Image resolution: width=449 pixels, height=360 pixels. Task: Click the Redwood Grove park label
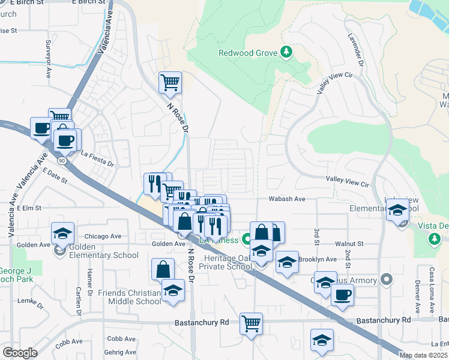[247, 53]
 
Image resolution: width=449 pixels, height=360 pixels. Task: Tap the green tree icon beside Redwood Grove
[287, 52]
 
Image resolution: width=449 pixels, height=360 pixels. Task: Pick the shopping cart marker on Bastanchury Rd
[251, 323]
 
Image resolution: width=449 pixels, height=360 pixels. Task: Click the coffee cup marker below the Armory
[342, 295]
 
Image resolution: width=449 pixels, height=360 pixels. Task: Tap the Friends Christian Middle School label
[130, 297]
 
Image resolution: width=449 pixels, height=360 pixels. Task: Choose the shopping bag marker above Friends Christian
[163, 269]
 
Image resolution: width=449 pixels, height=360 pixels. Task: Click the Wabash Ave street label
[287, 199]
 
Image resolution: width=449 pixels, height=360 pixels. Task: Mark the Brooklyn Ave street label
[318, 259]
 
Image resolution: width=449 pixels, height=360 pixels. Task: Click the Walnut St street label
[349, 244]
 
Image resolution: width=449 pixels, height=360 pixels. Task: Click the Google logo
[20, 353]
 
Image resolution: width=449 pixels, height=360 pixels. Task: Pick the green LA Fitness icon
[246, 240]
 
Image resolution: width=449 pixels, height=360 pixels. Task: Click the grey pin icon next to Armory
[385, 280]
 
